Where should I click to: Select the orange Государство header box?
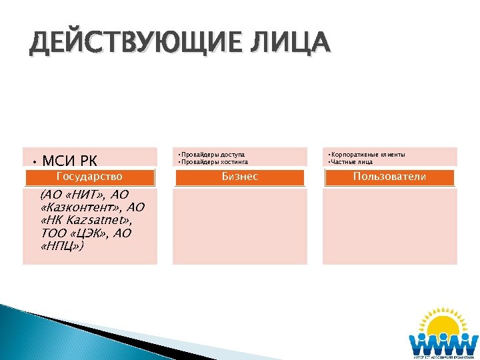[x=90, y=177]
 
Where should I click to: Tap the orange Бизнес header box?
[x=239, y=177]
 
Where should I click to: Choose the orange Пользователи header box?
[x=389, y=177]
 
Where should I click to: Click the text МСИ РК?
[x=69, y=161]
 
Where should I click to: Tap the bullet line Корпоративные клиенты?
[x=368, y=155]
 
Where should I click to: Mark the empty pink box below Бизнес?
[x=239, y=226]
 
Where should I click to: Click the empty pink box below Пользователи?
[x=389, y=226]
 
